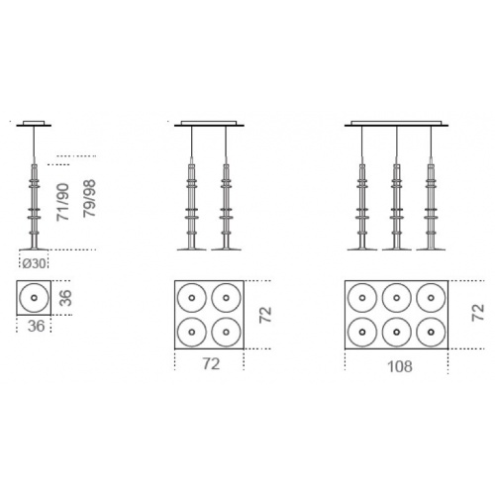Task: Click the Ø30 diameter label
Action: (x=34, y=263)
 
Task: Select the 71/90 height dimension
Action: (x=62, y=202)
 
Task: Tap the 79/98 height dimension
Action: (x=89, y=198)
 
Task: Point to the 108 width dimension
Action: (x=400, y=366)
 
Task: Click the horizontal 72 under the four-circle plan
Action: (x=211, y=364)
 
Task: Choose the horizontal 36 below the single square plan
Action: (x=36, y=326)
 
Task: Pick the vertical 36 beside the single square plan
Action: (x=65, y=298)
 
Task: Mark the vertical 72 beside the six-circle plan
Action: (x=478, y=312)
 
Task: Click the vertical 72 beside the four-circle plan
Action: (x=265, y=315)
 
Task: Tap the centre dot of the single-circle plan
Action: (x=34, y=298)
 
